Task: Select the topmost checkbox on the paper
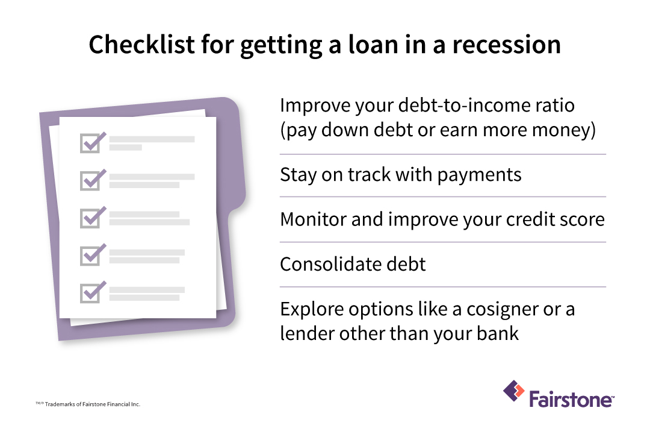[89, 143]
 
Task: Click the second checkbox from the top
[89, 180]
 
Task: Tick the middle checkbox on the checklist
[89, 218]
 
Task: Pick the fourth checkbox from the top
[89, 256]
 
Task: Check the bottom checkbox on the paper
[89, 293]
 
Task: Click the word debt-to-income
[445, 105]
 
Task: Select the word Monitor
[313, 219]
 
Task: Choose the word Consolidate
[332, 263]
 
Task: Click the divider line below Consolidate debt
[442, 287]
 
